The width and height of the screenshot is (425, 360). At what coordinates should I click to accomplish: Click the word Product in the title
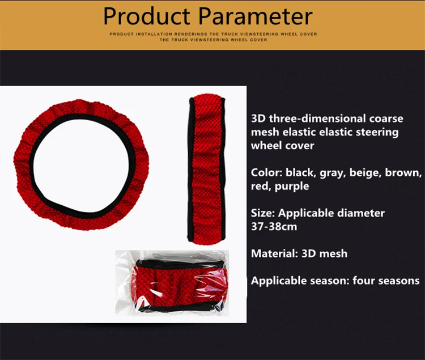pyautogui.click(x=147, y=16)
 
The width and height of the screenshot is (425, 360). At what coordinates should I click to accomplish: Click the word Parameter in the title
pyautogui.click(x=256, y=16)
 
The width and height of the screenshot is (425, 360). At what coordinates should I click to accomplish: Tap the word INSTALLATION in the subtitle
pyautogui.click(x=154, y=34)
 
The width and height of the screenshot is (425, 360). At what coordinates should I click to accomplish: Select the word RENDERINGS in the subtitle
pyautogui.click(x=190, y=34)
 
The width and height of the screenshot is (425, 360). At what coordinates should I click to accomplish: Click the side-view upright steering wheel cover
pyautogui.click(x=206, y=169)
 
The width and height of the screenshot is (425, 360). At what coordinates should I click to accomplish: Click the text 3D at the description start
pyautogui.click(x=258, y=118)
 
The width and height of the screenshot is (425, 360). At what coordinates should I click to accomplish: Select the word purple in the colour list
pyautogui.click(x=292, y=187)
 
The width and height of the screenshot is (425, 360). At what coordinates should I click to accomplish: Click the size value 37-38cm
pyautogui.click(x=274, y=227)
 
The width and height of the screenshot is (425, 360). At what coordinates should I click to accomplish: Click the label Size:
pyautogui.click(x=263, y=213)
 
